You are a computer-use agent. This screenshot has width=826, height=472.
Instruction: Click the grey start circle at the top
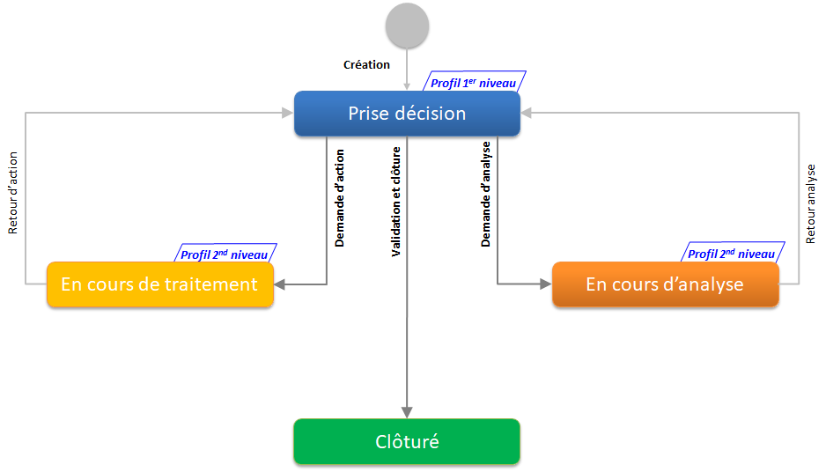pos(407,26)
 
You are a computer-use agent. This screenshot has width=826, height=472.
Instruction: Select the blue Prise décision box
pos(407,114)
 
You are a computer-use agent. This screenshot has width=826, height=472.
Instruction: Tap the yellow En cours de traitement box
pos(159,284)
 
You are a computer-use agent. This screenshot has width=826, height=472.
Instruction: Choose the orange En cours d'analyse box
pos(665,284)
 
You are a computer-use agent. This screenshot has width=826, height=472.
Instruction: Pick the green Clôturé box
pos(407,441)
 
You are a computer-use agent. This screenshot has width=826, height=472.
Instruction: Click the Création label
pos(366,65)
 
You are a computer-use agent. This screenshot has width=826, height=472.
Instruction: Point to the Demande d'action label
pos(340,196)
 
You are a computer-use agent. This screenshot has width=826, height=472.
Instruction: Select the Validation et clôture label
pos(395,202)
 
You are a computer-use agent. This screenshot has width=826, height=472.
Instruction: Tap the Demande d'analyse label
pos(485,195)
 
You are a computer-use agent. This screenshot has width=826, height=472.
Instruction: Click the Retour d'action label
pos(13,193)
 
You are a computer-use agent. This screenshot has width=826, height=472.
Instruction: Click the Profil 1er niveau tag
pos(473,84)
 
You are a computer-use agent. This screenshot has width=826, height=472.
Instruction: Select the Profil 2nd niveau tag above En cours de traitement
pos(225,255)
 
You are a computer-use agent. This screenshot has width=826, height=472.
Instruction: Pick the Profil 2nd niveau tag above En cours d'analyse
pos(731,254)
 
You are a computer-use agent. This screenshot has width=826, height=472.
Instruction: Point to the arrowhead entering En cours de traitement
pos(280,284)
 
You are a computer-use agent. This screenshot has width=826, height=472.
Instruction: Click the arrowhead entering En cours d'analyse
pos(546,284)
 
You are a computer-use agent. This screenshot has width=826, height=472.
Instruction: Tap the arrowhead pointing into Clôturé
pos(407,412)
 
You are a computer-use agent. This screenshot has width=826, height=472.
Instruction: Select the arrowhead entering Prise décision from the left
pos(288,113)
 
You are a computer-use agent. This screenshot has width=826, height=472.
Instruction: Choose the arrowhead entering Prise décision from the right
pos(527,113)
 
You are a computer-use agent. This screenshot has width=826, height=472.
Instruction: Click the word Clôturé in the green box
pos(407,441)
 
